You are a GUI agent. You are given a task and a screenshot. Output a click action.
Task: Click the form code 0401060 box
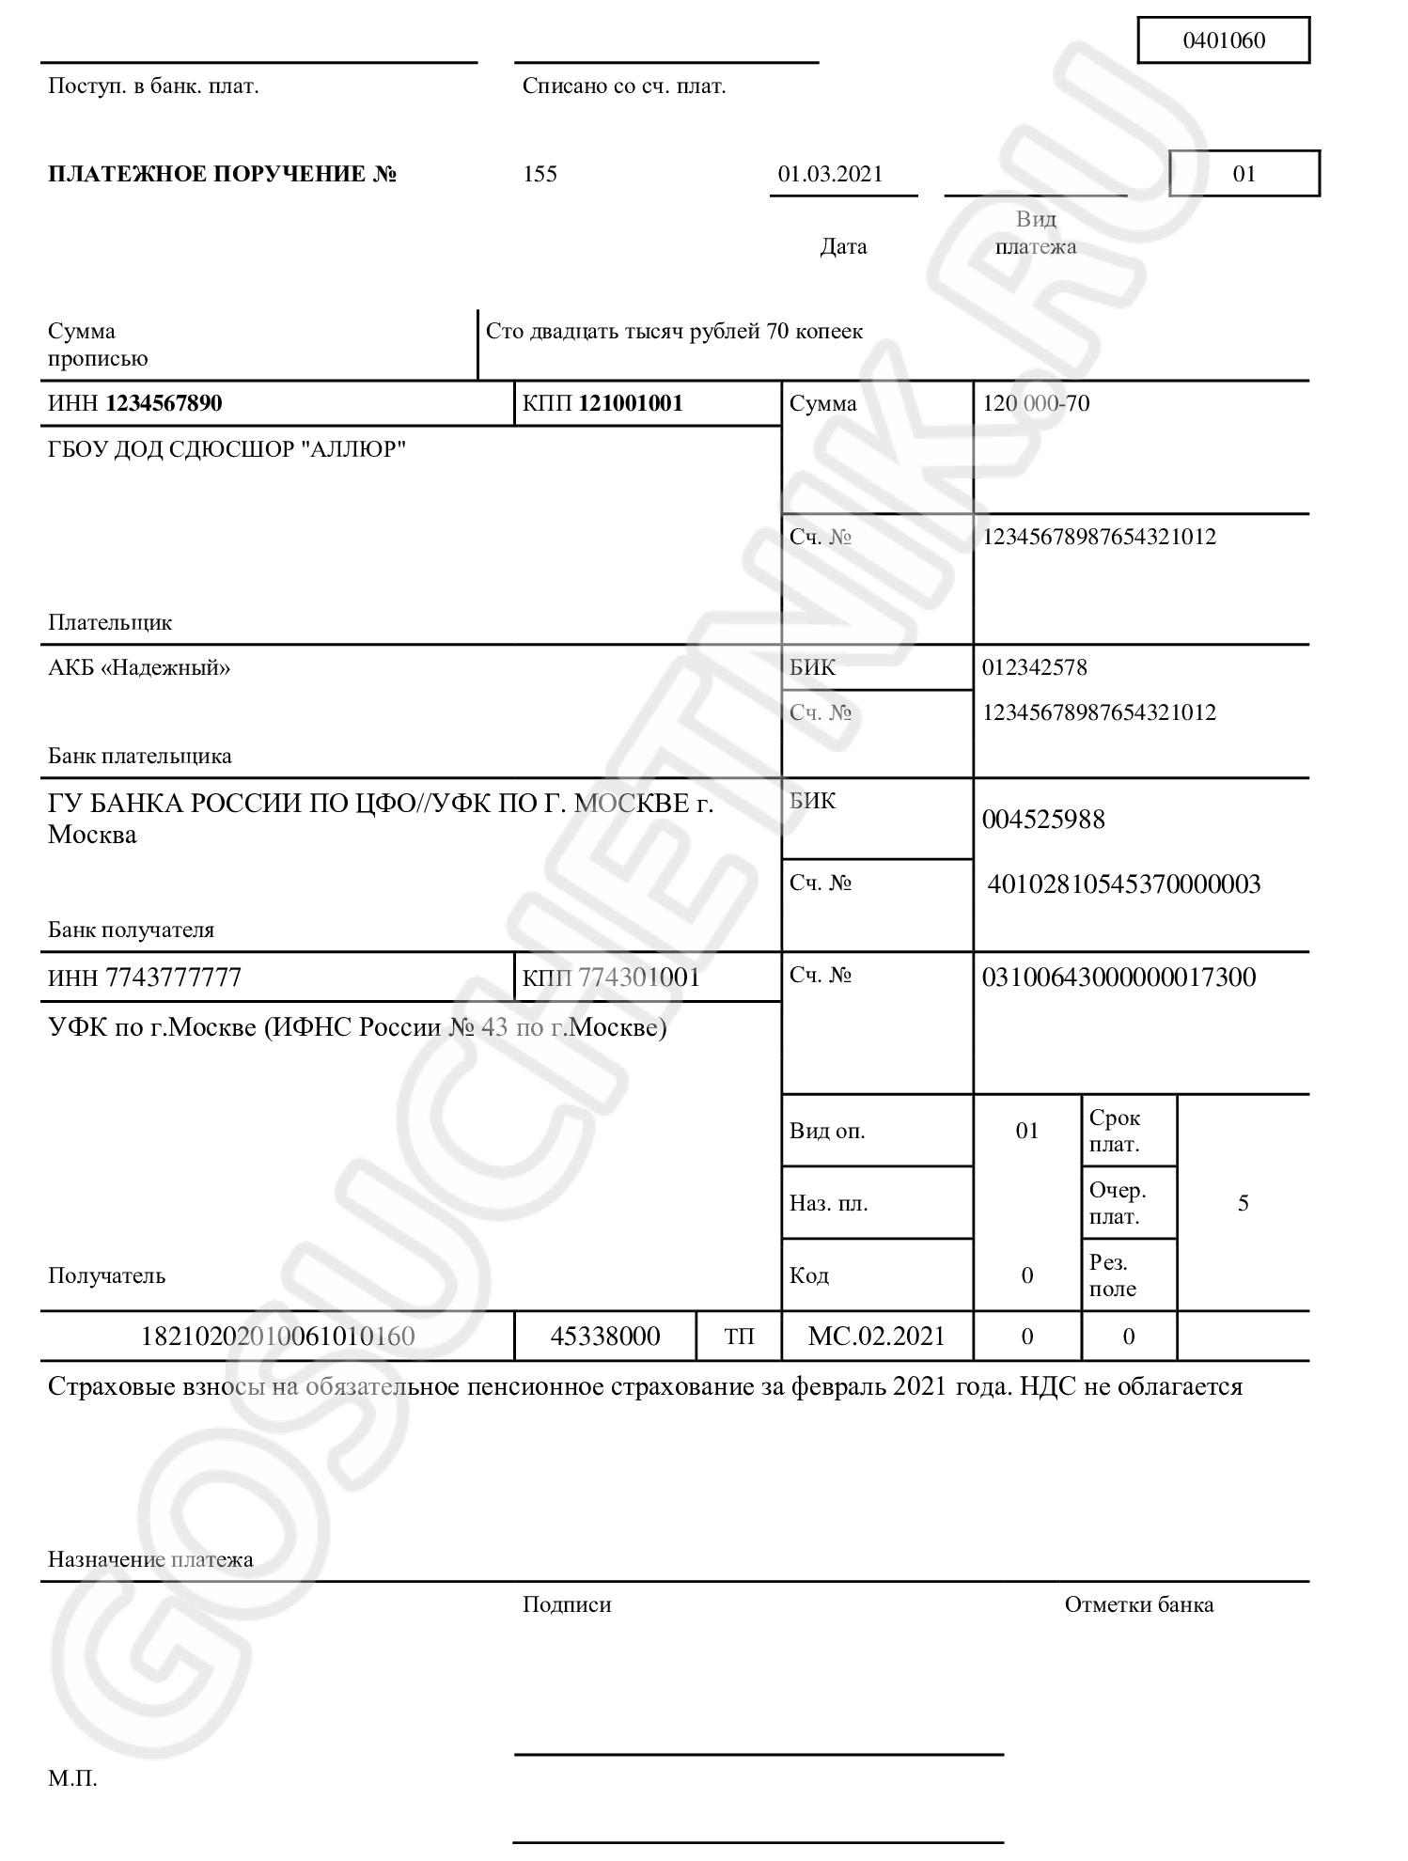[x=1223, y=40]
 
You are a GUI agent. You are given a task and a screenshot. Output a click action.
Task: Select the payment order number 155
[x=540, y=174]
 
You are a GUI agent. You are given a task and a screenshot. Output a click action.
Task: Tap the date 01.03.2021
[x=830, y=174]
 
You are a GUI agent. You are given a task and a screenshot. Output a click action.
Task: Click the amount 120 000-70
[x=1036, y=404]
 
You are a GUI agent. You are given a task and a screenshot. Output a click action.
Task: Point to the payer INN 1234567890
[x=135, y=404]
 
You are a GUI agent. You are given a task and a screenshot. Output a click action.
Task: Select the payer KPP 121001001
[x=602, y=404]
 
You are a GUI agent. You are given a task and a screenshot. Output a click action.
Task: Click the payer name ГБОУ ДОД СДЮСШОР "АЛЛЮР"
[x=227, y=449]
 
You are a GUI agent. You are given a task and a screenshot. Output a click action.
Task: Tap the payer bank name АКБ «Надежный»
[x=139, y=668]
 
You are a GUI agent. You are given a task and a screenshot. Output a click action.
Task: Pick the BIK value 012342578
[x=1034, y=668]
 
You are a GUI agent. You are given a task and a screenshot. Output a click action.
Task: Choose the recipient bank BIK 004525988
[x=1043, y=820]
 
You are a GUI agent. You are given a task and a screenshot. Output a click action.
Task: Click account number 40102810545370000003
[x=1123, y=884]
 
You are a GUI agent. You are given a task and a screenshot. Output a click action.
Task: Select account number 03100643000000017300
[x=1119, y=977]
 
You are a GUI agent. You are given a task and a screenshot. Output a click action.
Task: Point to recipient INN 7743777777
[x=145, y=978]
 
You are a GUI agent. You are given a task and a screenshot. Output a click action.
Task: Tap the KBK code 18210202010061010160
[x=277, y=1337]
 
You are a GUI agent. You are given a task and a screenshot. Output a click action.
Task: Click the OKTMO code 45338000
[x=605, y=1337]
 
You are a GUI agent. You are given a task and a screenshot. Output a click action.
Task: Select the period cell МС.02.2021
[x=876, y=1337]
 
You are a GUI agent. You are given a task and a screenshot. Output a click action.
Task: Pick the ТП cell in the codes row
[x=739, y=1337]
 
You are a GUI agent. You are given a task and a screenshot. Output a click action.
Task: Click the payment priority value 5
[x=1243, y=1204]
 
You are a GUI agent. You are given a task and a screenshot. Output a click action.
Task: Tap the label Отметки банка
[x=1138, y=1605]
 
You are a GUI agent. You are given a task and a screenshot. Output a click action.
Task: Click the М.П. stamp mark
[x=72, y=1779]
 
